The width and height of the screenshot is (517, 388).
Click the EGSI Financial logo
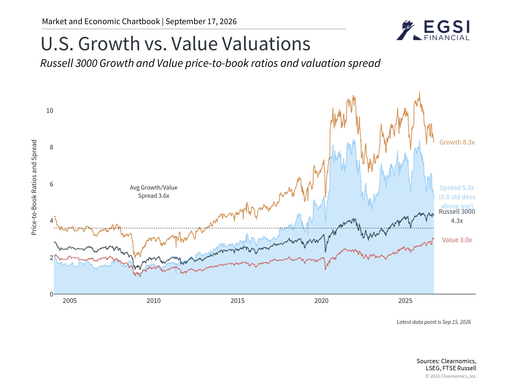pos(433,30)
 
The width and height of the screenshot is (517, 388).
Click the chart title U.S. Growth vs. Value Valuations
pos(176,44)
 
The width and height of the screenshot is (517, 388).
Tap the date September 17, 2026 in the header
pos(201,21)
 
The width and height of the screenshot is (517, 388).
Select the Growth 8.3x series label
pos(457,142)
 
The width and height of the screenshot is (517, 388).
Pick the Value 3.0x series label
pos(457,240)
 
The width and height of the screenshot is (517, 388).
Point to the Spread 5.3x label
pos(457,188)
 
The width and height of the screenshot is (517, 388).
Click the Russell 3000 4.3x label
pos(457,216)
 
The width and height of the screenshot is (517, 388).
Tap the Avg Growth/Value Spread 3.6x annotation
pos(153,192)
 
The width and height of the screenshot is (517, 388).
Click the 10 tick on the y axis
pos(50,111)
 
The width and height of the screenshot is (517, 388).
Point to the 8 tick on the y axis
pos(51,147)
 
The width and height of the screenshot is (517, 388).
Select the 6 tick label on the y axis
pos(51,184)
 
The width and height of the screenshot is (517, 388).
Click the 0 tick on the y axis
pos(51,294)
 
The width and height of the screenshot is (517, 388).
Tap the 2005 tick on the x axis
pos(70,301)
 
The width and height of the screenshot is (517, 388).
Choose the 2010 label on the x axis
pos(153,301)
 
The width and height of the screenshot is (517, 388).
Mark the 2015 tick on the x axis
pos(237,301)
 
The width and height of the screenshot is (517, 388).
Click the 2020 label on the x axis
pos(322,301)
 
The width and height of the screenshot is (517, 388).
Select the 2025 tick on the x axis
pos(405,301)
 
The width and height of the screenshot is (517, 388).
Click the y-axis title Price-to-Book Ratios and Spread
pos(34,187)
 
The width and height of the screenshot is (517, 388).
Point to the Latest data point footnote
pos(434,322)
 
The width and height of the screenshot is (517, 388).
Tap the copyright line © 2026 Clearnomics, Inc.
pos(451,376)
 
